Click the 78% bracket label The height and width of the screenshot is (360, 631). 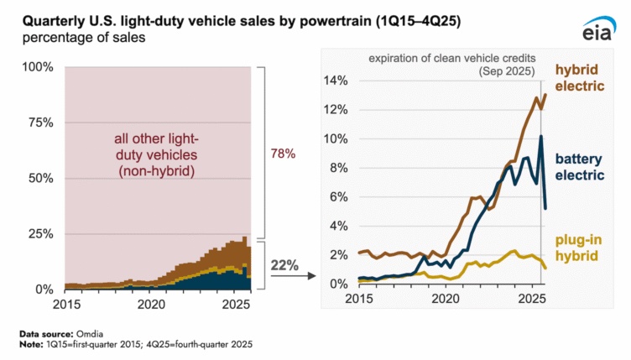point(283,154)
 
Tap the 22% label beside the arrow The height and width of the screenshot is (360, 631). point(284,265)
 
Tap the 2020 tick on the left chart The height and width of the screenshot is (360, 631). point(152,303)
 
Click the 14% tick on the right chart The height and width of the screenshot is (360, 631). point(336,81)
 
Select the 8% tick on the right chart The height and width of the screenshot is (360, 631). point(339,167)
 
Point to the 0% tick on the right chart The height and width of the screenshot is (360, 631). point(339,284)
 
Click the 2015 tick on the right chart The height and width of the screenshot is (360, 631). point(358,299)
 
